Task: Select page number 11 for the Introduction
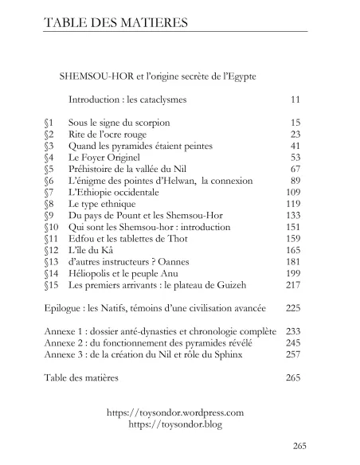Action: (x=295, y=101)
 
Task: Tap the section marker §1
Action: (x=49, y=124)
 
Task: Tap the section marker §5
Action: (x=49, y=170)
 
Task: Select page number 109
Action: (x=292, y=193)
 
